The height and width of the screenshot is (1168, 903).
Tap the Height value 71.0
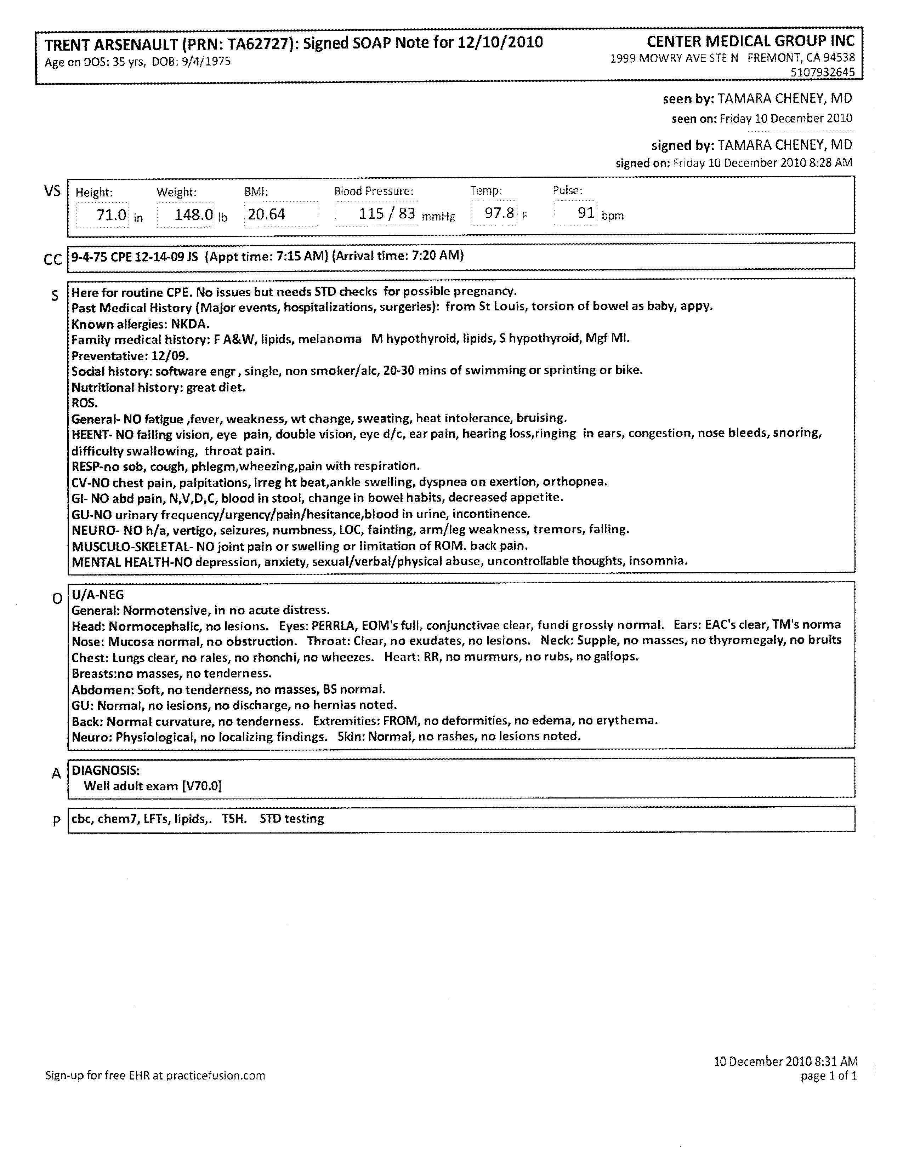coord(111,215)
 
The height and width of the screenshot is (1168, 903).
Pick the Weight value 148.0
coord(194,215)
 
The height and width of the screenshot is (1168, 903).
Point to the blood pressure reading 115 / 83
coord(386,214)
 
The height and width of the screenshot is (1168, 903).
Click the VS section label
coord(52,191)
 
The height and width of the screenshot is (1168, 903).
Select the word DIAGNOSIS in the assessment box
coord(106,770)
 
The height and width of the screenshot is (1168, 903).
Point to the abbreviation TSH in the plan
coord(233,818)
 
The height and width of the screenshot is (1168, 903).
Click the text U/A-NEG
coord(97,595)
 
